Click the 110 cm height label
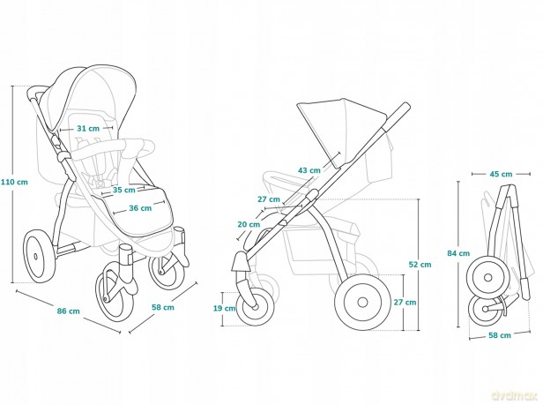click(x=14, y=182)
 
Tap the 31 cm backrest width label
click(x=88, y=129)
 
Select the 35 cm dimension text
click(x=123, y=190)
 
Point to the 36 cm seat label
click(x=140, y=208)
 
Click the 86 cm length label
click(x=68, y=311)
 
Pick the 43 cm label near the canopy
click(x=309, y=170)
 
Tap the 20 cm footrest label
click(x=249, y=224)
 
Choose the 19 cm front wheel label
click(x=224, y=308)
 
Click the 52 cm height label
click(x=420, y=265)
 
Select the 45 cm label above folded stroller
click(x=501, y=174)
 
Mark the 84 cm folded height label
click(x=458, y=253)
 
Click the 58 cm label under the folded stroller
click(x=500, y=335)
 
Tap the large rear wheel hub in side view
click(x=362, y=302)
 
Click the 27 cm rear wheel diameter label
click(x=405, y=303)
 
